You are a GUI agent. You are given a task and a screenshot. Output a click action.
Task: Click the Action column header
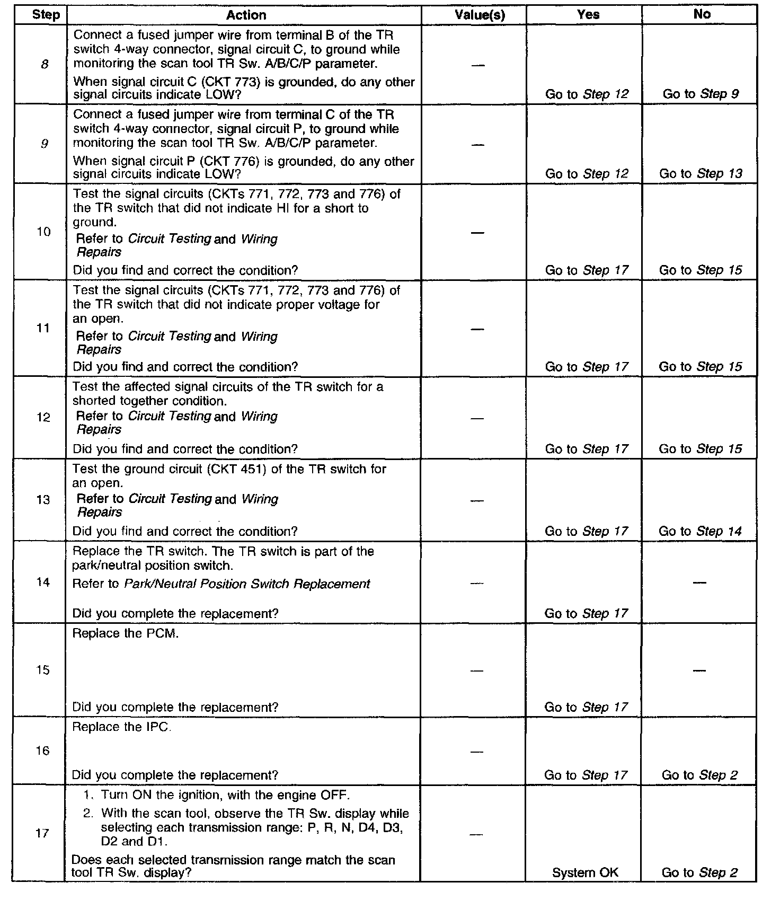pos(246,15)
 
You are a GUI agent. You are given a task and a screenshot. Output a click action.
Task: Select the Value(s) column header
pos(480,15)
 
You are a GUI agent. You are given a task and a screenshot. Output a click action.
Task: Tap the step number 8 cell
pos(45,65)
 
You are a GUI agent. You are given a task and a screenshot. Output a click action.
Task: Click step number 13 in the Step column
pos(43,500)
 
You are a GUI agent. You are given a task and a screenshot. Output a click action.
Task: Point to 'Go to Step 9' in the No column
pos(701,94)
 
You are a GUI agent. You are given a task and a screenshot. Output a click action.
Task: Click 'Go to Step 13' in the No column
pos(701,174)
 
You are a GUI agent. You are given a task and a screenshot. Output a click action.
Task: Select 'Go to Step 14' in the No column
pos(700,531)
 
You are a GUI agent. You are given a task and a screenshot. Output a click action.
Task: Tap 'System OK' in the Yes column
pos(585,873)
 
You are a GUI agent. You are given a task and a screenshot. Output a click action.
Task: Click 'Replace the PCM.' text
pos(125,633)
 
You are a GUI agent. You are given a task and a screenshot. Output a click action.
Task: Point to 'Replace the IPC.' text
pos(122,727)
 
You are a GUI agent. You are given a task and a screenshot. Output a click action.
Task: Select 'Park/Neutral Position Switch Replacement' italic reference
pos(247,584)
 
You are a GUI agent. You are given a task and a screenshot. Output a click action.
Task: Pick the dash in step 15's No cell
pos(699,670)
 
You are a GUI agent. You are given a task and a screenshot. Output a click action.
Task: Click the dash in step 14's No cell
pos(699,582)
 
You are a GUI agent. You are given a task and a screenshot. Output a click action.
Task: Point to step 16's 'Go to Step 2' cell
pos(699,775)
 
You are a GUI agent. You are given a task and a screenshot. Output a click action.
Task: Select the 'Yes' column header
pos(588,15)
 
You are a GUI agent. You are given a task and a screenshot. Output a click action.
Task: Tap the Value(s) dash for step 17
pos(477,834)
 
